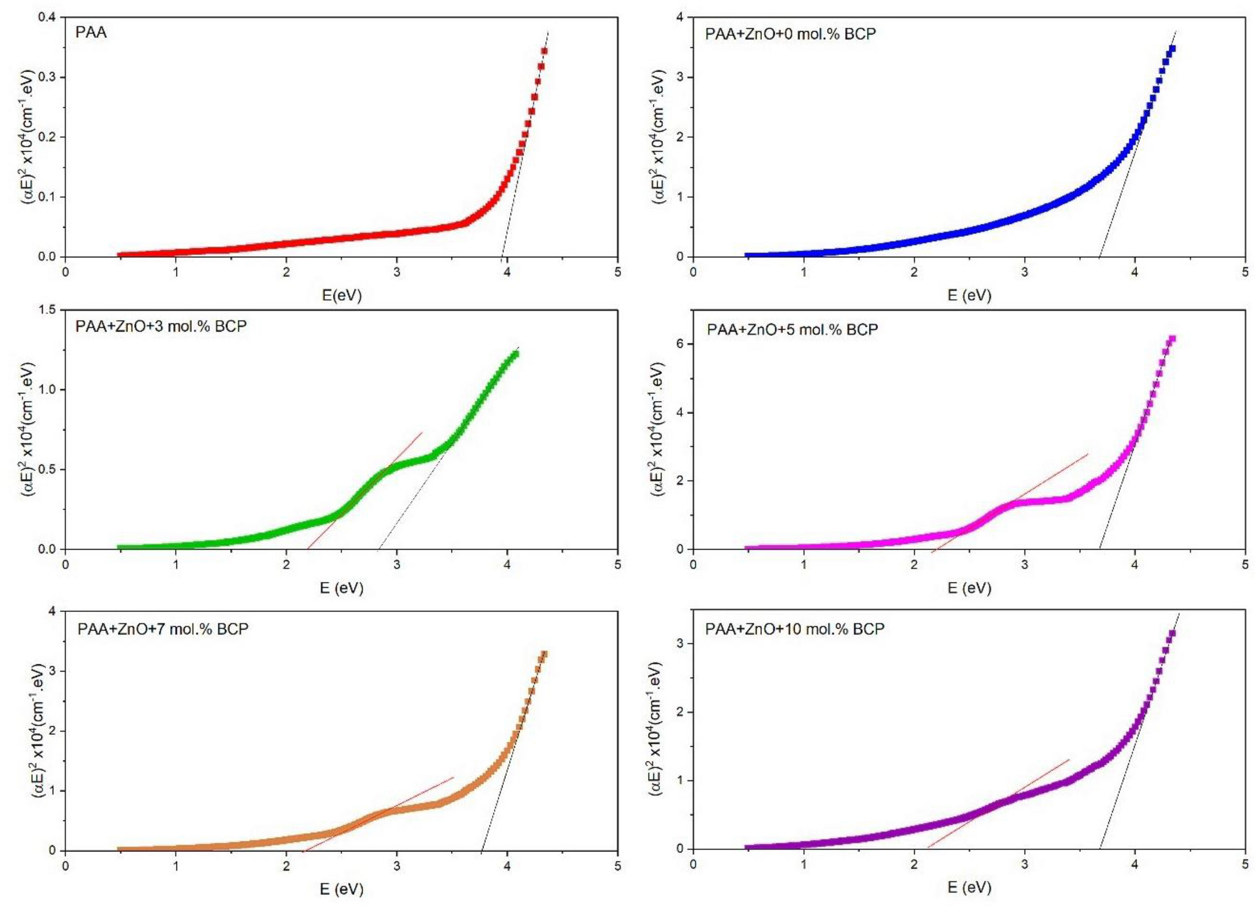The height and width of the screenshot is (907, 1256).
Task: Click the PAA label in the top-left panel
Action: tap(91, 33)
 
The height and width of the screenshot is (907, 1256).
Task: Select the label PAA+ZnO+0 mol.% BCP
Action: tap(790, 34)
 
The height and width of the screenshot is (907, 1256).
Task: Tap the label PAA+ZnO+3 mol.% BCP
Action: tap(161, 326)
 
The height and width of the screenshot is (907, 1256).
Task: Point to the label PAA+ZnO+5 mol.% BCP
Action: tap(792, 329)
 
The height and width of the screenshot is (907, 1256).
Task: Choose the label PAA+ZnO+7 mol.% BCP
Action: tap(163, 629)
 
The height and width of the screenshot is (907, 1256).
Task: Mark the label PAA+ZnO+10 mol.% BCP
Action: tap(795, 629)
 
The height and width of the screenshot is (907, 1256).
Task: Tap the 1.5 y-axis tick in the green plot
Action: tap(47, 310)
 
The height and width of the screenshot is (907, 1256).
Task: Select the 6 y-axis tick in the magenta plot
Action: tap(680, 344)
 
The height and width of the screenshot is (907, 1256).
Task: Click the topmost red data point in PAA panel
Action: tap(544, 51)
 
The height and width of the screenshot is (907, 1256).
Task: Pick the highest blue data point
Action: tap(1172, 49)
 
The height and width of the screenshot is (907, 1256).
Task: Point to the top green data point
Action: tap(516, 354)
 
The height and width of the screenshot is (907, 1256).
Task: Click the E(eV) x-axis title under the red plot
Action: tap(341, 294)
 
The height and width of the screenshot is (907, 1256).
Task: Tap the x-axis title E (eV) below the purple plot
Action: tap(969, 887)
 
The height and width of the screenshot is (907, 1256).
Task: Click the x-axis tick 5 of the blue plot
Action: tap(1245, 272)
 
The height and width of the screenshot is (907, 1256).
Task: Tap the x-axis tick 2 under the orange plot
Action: tap(286, 866)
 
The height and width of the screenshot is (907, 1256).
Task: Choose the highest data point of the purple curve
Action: tap(1171, 633)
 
